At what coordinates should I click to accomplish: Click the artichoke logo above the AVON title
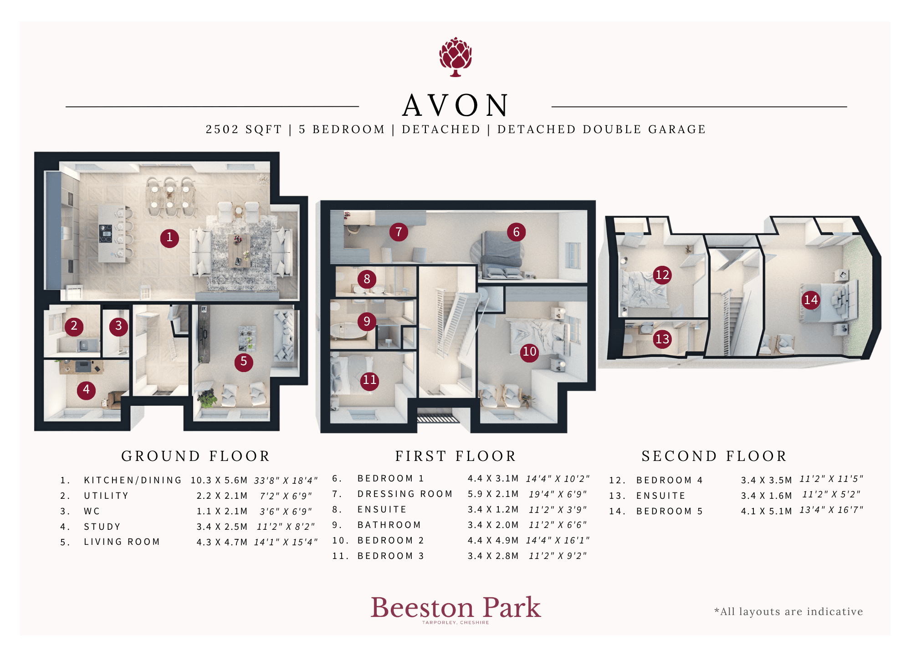point(455,57)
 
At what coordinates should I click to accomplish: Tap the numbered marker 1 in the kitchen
point(169,238)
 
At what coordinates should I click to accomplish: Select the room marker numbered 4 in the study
point(86,390)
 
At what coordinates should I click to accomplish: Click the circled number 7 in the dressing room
point(399,232)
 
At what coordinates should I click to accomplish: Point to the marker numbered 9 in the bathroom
point(367,321)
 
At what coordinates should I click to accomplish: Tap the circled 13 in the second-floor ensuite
point(662,339)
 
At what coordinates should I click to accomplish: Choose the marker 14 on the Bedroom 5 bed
point(811,300)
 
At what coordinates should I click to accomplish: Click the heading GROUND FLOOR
point(195,456)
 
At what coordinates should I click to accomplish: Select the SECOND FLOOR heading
point(714,456)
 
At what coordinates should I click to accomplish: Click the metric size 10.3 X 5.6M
point(219,480)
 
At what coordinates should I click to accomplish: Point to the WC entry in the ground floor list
point(92,511)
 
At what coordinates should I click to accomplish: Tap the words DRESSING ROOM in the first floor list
point(405,494)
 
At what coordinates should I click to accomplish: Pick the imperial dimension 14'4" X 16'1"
point(558,540)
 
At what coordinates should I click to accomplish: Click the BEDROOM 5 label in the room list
point(670,511)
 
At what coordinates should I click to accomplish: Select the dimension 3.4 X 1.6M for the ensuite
point(767,496)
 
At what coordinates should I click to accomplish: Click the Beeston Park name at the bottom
point(455,608)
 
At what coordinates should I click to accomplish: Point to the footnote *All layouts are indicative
point(788,611)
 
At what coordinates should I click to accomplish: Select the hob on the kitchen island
point(106,233)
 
